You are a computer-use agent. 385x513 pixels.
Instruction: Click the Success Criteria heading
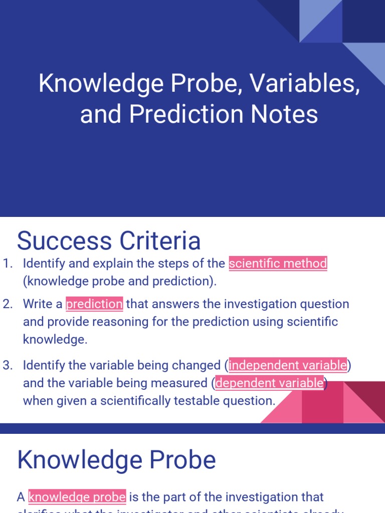pos(109,241)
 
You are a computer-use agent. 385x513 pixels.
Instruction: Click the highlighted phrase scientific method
pos(278,263)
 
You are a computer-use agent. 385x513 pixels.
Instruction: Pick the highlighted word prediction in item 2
pos(94,304)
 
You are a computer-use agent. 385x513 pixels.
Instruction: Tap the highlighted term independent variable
pos(288,365)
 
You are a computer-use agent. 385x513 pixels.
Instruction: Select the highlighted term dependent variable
pos(269,383)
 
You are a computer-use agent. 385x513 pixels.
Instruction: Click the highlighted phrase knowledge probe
pos(77,497)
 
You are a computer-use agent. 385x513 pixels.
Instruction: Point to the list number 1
pos(7,264)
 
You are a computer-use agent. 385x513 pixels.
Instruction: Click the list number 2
pos(7,304)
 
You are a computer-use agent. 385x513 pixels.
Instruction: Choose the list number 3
pos(7,365)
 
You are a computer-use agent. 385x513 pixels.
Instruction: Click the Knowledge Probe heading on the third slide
pos(116,460)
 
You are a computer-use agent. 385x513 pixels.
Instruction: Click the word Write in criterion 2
pos(37,304)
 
